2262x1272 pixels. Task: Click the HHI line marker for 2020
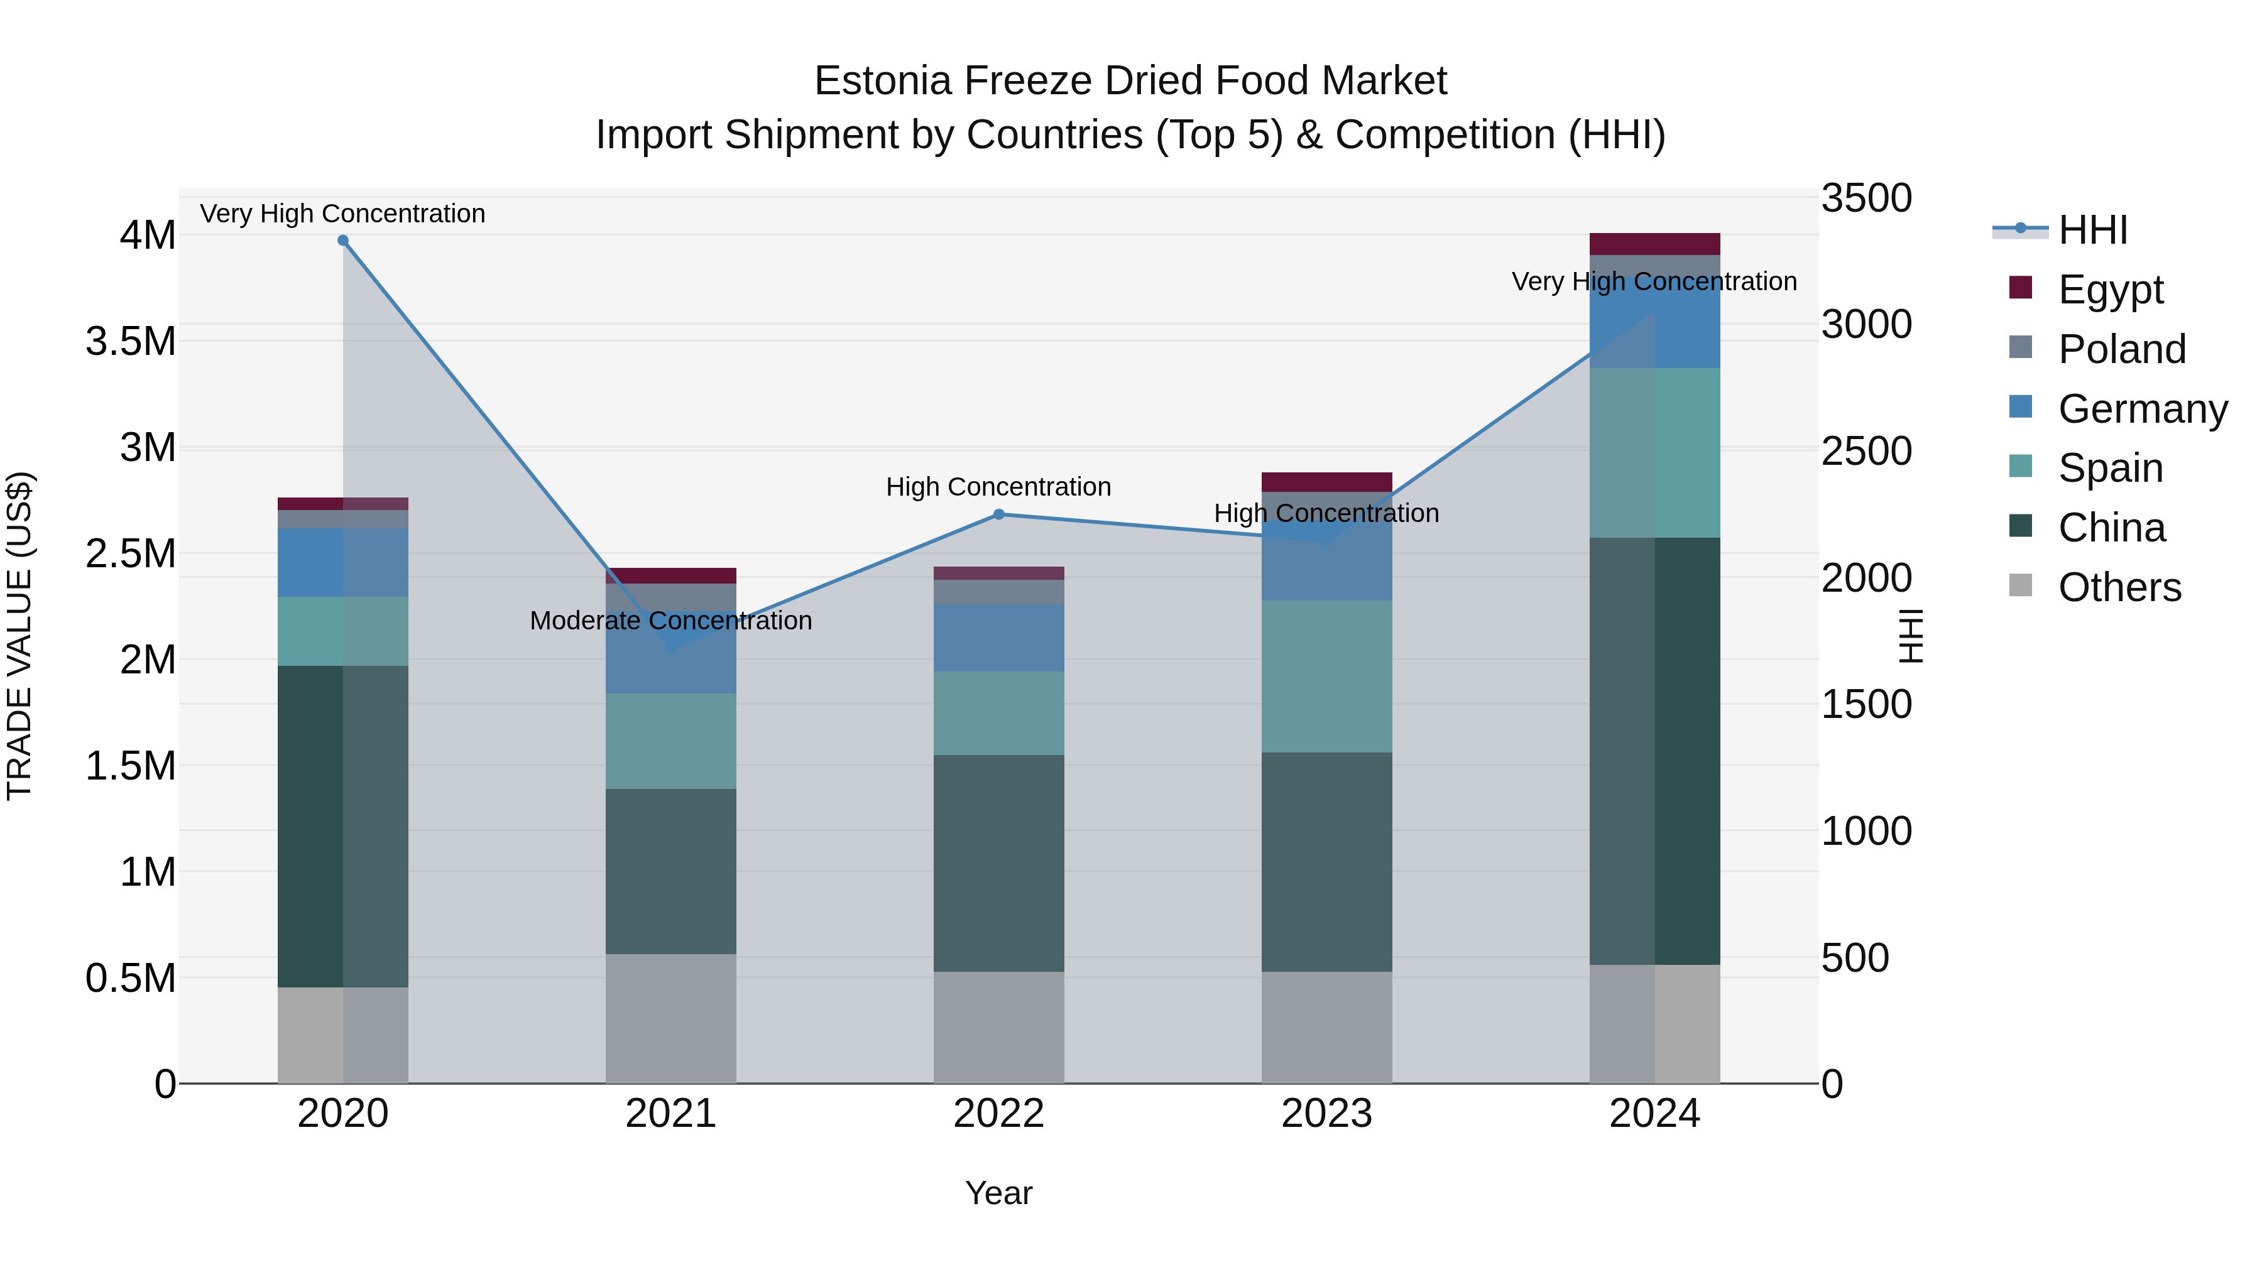[342, 241]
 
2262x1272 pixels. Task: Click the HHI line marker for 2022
[998, 514]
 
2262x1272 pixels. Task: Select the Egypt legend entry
[2110, 289]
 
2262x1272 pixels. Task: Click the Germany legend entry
[2142, 408]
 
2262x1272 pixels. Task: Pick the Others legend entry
[2119, 587]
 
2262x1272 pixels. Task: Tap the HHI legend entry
[2092, 230]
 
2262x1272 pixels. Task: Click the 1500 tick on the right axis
[1866, 704]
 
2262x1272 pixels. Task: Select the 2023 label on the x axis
[1326, 1113]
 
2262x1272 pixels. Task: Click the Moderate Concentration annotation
[671, 621]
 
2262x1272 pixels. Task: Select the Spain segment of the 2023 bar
[1326, 676]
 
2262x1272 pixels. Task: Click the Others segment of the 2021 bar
[671, 1018]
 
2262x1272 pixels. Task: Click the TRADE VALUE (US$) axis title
[19, 636]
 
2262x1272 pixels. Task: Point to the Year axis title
[998, 1193]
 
